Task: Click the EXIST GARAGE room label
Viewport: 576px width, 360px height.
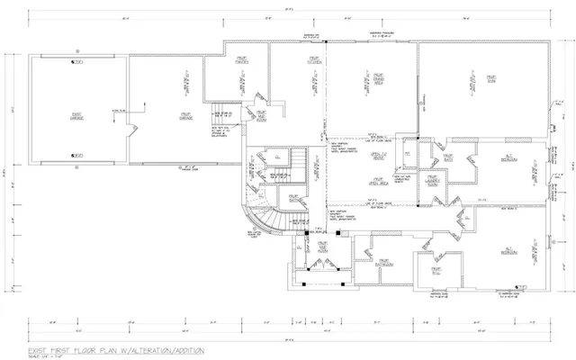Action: point(76,114)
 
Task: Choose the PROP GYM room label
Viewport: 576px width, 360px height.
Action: point(492,79)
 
